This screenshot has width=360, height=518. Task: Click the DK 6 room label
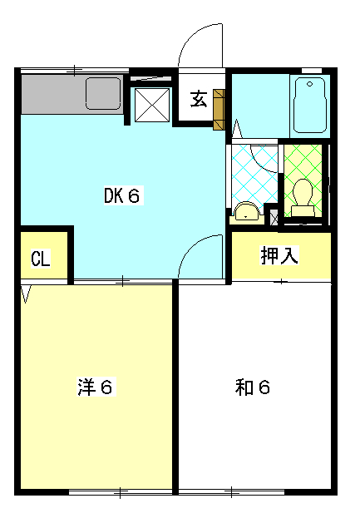click(x=123, y=195)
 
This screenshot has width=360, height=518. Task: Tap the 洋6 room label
click(x=96, y=387)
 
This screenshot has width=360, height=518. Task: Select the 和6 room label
click(x=253, y=387)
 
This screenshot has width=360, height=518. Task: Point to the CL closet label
click(x=41, y=259)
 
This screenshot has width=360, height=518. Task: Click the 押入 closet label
click(x=279, y=255)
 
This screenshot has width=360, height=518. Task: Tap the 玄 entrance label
click(x=199, y=99)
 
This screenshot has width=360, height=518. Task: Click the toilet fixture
click(x=303, y=197)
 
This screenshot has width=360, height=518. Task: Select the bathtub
click(x=310, y=105)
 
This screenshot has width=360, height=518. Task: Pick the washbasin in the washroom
click(x=246, y=211)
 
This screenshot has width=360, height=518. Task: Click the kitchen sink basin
click(x=103, y=93)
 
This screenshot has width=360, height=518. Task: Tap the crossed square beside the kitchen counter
click(x=152, y=105)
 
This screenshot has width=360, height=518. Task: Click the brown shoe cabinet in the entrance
click(x=219, y=110)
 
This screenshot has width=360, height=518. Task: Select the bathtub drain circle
click(x=309, y=84)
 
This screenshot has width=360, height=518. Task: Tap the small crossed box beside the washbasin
click(x=274, y=218)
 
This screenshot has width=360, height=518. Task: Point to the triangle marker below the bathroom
click(x=237, y=130)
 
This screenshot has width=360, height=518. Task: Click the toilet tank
click(x=303, y=211)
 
